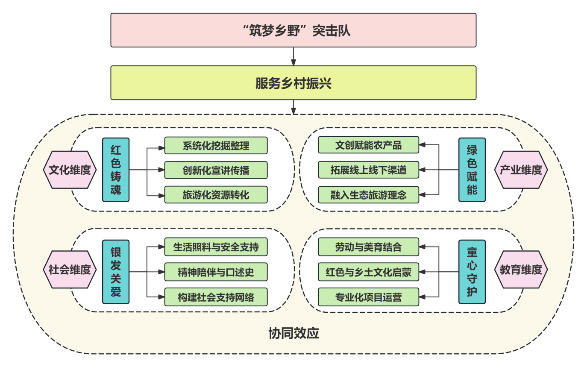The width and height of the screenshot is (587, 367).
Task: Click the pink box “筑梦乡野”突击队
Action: [x=293, y=30]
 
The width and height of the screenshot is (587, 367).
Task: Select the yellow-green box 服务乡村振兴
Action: [x=293, y=83]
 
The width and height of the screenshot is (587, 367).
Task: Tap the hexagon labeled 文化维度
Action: [x=70, y=170]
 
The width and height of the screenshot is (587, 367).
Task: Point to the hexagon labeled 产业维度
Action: [x=521, y=170]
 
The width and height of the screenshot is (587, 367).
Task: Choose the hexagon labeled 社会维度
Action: [x=70, y=270]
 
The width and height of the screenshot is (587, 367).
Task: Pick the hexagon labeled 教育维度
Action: [x=521, y=270]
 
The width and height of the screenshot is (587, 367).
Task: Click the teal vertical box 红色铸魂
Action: [x=116, y=170]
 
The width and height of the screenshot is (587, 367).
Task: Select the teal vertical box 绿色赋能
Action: [x=472, y=170]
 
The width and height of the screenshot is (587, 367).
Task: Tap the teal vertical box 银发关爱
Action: [x=116, y=272]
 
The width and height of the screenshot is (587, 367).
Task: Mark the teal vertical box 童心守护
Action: [x=472, y=272]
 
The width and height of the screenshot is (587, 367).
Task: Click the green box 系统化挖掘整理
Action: [x=216, y=145]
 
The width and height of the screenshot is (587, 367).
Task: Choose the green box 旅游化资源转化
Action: [x=216, y=195]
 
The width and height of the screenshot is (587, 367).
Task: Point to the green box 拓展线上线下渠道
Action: [x=368, y=170]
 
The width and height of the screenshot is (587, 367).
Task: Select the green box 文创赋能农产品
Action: [x=368, y=145]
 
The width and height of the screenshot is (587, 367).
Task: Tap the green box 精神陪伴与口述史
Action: [x=216, y=272]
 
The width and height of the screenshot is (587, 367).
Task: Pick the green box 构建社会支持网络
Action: [x=216, y=297]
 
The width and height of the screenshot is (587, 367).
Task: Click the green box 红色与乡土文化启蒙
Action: [x=368, y=272]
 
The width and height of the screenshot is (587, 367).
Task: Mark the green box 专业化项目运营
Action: [x=368, y=297]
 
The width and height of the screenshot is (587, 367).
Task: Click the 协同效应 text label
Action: [x=293, y=333]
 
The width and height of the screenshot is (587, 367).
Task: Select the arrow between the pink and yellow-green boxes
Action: [x=293, y=56]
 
